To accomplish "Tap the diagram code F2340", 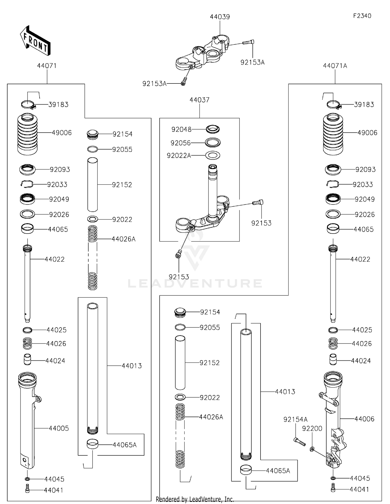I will point(362,16).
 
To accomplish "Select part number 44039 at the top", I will point(220,17).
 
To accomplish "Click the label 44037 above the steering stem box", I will point(199,100).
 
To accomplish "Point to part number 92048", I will point(181,129).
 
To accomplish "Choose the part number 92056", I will point(180,143).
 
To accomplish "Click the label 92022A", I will point(179,156).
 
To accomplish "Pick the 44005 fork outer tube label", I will point(59,428).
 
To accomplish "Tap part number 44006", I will point(364,419).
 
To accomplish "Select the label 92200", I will point(312,428).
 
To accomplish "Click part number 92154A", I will point(295,419).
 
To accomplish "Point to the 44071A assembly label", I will point(335,66).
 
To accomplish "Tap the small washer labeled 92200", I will point(312,449).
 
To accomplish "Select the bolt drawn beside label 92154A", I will point(300,442).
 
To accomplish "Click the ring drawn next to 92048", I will point(213,129).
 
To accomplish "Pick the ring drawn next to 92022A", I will point(213,156).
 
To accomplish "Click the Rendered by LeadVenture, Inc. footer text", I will point(195,499).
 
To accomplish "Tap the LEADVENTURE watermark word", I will point(195,283).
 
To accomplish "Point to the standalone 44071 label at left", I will point(47,66).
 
